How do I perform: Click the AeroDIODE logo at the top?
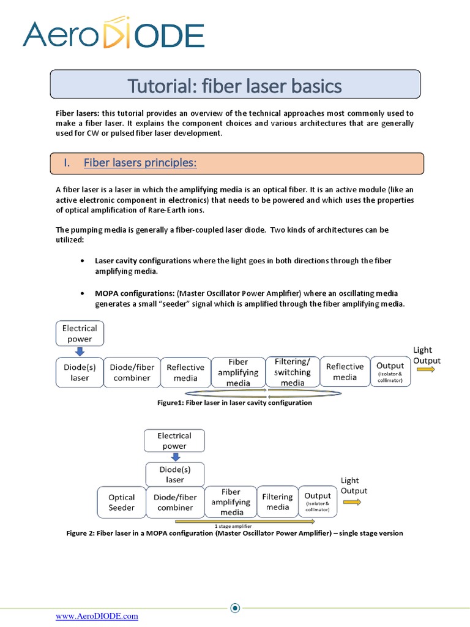click(x=113, y=35)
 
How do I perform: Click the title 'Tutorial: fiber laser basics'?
click(x=234, y=86)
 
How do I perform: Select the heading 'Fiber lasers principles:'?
click(x=140, y=162)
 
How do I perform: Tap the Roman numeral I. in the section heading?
click(x=67, y=162)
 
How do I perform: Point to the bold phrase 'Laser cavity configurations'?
click(x=143, y=260)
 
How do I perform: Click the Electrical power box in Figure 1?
click(x=80, y=334)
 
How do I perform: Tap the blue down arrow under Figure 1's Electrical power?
click(x=80, y=351)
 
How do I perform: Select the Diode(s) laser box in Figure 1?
click(x=80, y=372)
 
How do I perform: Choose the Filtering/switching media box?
click(x=293, y=372)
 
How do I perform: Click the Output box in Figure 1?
click(x=390, y=372)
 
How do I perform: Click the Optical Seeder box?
click(x=121, y=502)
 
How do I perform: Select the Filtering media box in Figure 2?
click(x=277, y=502)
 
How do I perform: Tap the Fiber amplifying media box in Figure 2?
click(x=231, y=502)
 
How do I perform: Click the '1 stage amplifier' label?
click(x=233, y=526)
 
